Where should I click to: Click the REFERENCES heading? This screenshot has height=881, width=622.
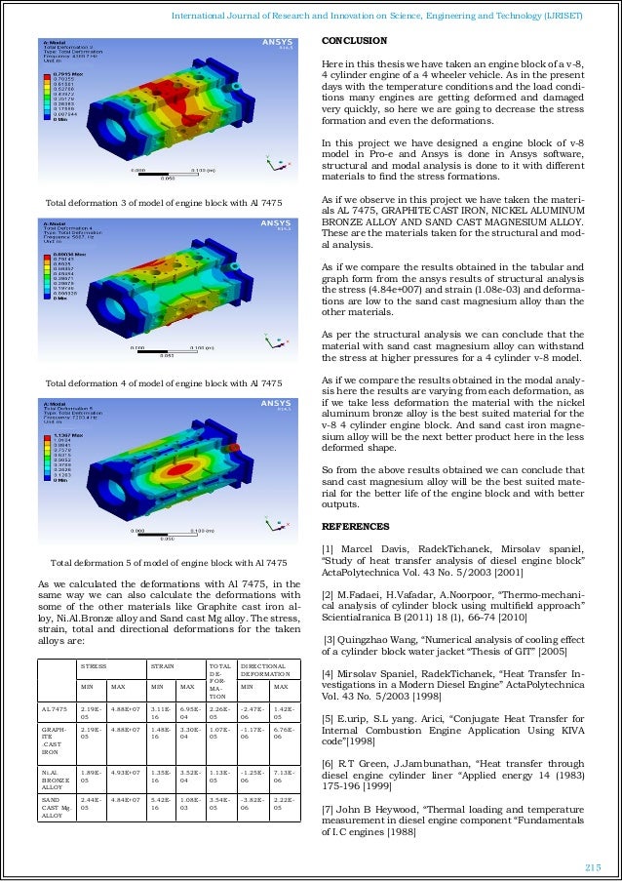[x=355, y=528]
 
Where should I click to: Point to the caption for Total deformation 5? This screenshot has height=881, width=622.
[x=168, y=563]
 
